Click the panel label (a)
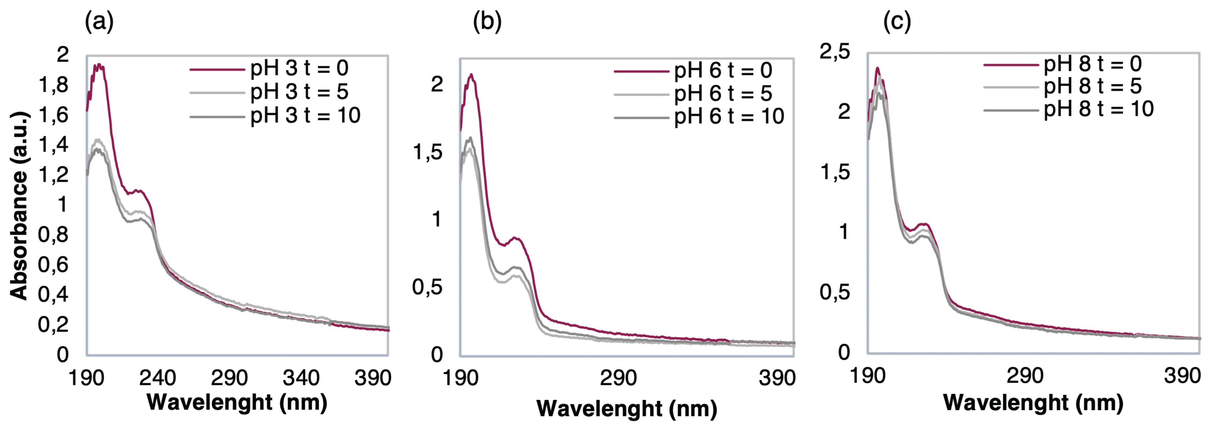(99, 22)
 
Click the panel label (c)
(897, 22)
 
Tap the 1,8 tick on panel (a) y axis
(53, 85)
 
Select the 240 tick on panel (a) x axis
(157, 378)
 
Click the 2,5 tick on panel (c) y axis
(835, 51)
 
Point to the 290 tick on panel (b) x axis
(618, 378)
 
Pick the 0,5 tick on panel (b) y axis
(427, 287)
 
